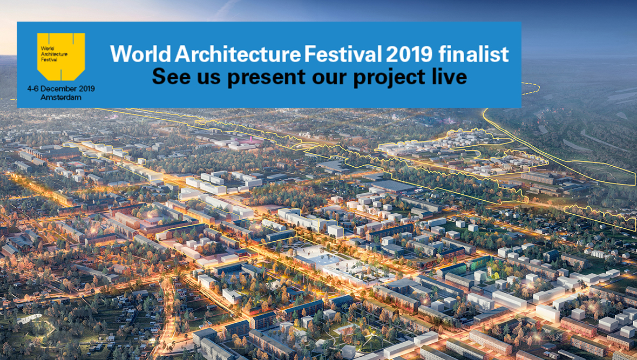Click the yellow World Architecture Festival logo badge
pos(61,56)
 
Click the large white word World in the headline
pos(140,55)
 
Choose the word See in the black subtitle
pos(170,77)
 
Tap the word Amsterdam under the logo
pos(61,98)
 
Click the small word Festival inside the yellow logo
pos(49,59)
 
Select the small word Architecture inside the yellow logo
pos(54,54)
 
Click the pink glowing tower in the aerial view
pos(251,139)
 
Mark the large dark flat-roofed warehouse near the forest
pos(392,186)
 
